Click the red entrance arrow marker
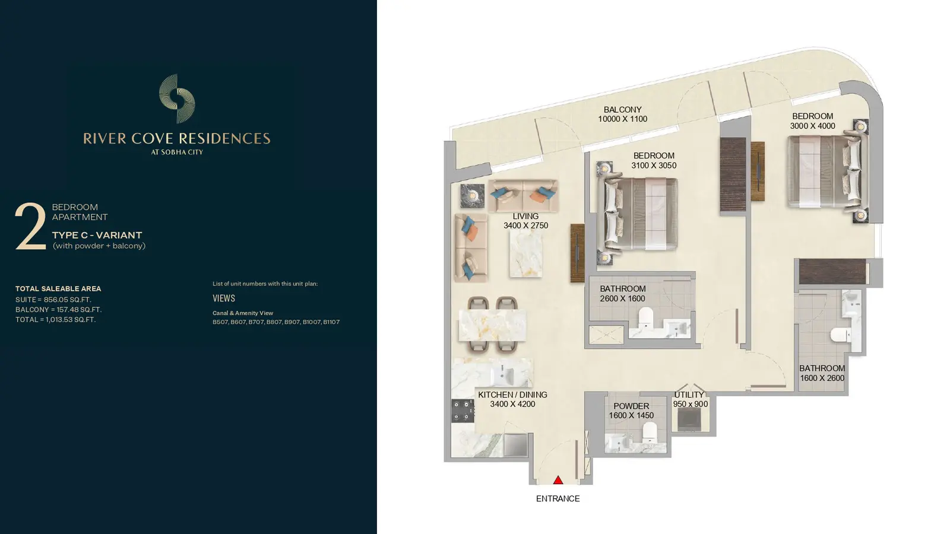coord(558,480)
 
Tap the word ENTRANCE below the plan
coord(558,499)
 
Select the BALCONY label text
coord(623,109)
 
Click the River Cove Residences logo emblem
coord(177,98)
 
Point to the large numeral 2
coord(30,226)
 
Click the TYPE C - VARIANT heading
coord(97,235)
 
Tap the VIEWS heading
coord(223,298)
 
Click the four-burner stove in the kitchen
coord(463,411)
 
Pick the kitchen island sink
coord(503,375)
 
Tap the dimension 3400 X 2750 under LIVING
coord(526,225)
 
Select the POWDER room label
coord(631,406)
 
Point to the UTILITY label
coord(689,395)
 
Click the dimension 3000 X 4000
coord(813,126)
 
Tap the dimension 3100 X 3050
coord(654,166)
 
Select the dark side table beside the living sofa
coord(473,196)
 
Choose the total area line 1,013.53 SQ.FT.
coord(56,320)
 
